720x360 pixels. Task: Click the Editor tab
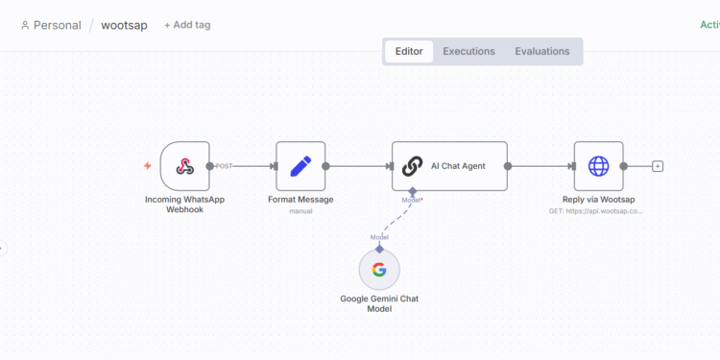click(409, 52)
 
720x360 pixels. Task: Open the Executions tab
click(468, 52)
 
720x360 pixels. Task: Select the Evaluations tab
click(541, 52)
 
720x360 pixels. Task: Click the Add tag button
click(187, 25)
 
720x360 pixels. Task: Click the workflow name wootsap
click(124, 25)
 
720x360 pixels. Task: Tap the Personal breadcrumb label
click(57, 25)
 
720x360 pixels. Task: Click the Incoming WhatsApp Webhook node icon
click(184, 166)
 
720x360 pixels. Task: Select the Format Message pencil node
click(300, 166)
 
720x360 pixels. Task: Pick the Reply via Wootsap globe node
click(598, 166)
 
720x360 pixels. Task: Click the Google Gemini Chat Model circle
click(379, 270)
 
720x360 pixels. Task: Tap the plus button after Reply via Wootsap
click(658, 166)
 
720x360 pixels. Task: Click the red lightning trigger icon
click(147, 166)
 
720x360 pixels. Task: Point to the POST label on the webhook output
click(224, 166)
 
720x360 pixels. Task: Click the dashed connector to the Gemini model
click(395, 220)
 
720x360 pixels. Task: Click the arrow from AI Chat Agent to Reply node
click(540, 166)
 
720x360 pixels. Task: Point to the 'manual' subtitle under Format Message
click(300, 210)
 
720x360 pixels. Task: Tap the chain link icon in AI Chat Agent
click(412, 166)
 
